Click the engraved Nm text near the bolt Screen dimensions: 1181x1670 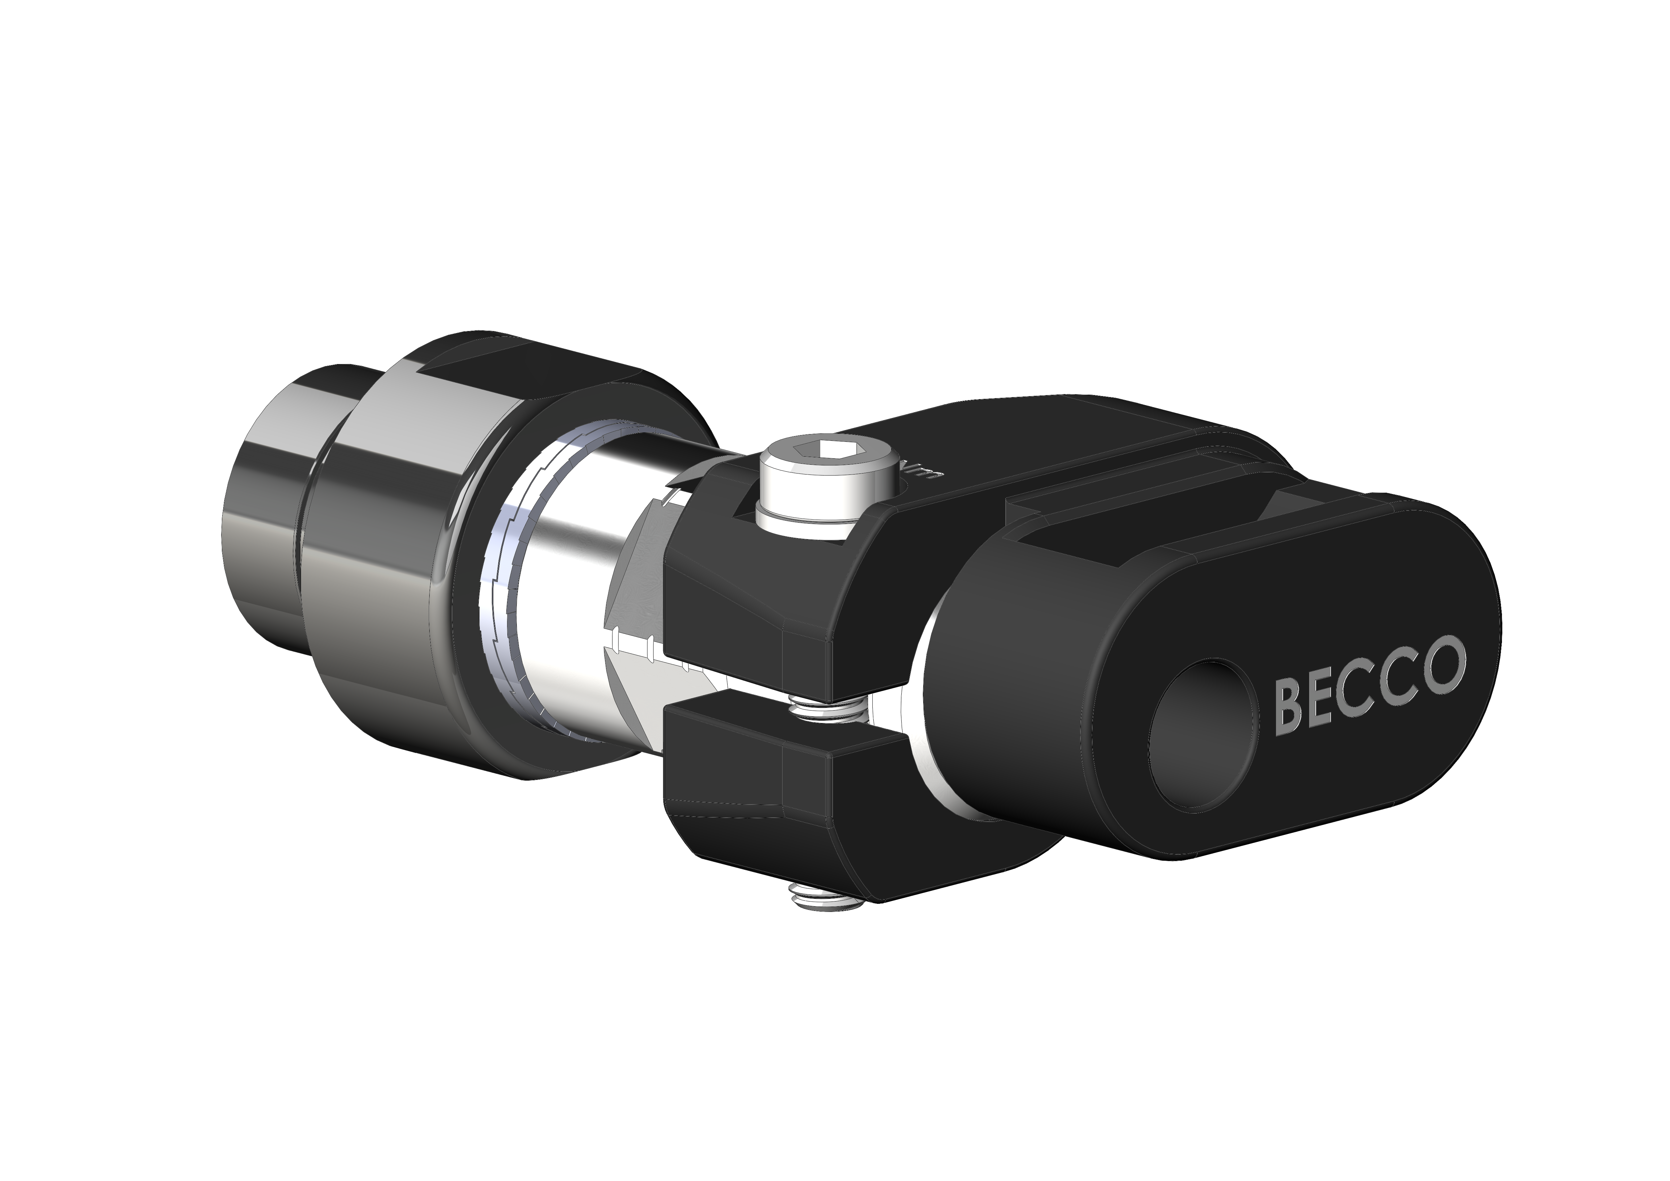922,474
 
